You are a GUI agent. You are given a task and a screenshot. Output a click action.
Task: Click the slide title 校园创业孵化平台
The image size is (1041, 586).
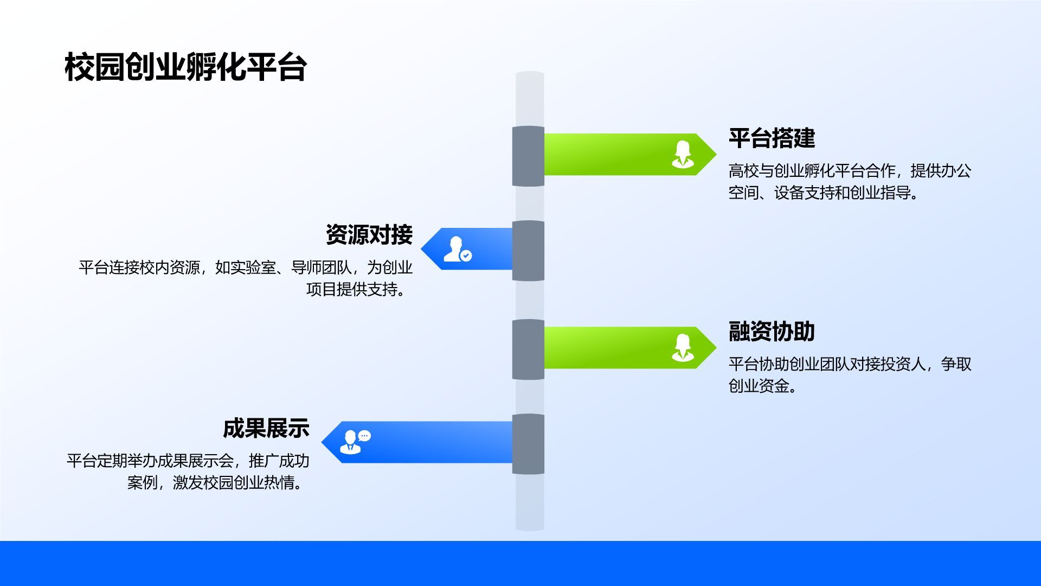click(186, 67)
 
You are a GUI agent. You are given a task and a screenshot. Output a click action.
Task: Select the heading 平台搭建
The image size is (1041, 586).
click(772, 138)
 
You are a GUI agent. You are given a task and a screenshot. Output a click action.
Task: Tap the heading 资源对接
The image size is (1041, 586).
click(369, 234)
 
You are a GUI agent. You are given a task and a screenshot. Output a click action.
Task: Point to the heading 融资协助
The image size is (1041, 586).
click(772, 331)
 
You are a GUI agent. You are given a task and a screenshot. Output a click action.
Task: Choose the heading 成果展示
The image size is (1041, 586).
click(266, 428)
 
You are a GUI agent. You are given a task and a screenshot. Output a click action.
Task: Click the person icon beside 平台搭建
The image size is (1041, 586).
click(683, 155)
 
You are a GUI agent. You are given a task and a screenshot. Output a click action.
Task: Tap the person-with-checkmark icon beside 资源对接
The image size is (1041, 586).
click(458, 249)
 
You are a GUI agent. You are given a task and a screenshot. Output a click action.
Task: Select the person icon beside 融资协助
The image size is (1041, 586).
click(683, 348)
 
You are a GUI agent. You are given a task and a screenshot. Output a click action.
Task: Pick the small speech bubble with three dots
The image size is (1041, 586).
click(365, 435)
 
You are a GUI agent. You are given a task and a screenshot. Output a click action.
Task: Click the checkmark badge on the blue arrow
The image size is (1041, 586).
click(466, 256)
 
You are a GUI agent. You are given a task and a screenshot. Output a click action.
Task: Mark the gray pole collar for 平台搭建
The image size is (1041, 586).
click(528, 156)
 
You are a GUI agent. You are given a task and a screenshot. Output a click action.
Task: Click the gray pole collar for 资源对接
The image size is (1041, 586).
click(528, 251)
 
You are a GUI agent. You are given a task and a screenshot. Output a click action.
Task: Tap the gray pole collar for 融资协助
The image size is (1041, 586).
click(528, 349)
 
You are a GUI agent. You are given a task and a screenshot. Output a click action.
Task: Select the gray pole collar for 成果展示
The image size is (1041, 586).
click(528, 444)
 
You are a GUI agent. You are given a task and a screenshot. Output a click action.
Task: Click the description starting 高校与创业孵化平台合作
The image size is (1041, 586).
click(850, 182)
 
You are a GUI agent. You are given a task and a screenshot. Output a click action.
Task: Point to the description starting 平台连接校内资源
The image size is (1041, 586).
click(246, 278)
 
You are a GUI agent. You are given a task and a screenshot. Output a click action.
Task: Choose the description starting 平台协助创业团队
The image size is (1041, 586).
click(850, 375)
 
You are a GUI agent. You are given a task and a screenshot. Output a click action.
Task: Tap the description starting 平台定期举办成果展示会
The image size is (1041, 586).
click(188, 472)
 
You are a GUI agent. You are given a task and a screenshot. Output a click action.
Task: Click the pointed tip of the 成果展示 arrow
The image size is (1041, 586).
click(322, 442)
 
